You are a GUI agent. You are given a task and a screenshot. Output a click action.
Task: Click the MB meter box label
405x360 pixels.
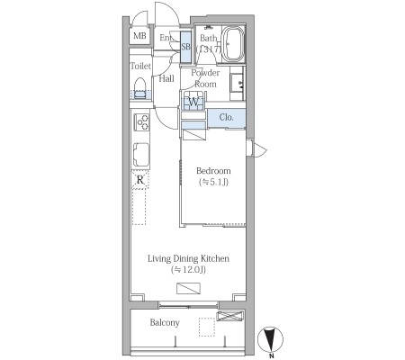point(139,36)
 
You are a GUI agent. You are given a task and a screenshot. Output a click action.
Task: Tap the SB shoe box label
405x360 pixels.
point(185,47)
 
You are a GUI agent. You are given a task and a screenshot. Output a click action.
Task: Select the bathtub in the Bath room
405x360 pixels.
point(233,44)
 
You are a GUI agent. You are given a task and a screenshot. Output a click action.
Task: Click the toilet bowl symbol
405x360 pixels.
point(139,88)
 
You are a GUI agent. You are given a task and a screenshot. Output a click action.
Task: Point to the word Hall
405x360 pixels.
point(166,78)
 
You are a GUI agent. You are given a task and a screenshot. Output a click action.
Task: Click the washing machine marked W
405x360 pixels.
point(193,102)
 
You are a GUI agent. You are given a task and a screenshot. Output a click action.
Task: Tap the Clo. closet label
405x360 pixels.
point(226,117)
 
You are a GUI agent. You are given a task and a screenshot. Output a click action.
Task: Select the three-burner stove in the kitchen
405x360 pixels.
point(141,121)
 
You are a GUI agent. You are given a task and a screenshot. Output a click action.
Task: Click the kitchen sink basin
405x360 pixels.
point(141,155)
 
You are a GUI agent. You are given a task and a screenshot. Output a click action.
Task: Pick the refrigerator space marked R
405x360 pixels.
point(140,180)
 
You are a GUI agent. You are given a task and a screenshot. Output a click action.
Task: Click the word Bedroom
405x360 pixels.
point(213,171)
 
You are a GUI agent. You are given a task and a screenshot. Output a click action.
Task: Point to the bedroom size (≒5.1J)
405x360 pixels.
point(213,182)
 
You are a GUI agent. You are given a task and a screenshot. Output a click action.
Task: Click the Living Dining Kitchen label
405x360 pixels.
point(188,258)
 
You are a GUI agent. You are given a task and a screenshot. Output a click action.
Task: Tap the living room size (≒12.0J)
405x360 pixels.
point(188,270)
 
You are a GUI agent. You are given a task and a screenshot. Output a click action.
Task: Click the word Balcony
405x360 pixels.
point(165,323)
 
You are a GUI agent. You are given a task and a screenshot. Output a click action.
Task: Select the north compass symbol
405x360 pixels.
point(271,339)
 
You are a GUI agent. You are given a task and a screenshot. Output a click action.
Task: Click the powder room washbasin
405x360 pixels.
point(237,84)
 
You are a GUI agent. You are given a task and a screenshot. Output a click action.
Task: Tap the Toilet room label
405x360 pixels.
point(140,66)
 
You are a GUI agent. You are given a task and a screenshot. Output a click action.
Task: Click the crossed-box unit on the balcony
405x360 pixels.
point(230,316)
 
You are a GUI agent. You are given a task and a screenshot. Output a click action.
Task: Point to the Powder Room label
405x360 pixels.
point(205,78)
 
